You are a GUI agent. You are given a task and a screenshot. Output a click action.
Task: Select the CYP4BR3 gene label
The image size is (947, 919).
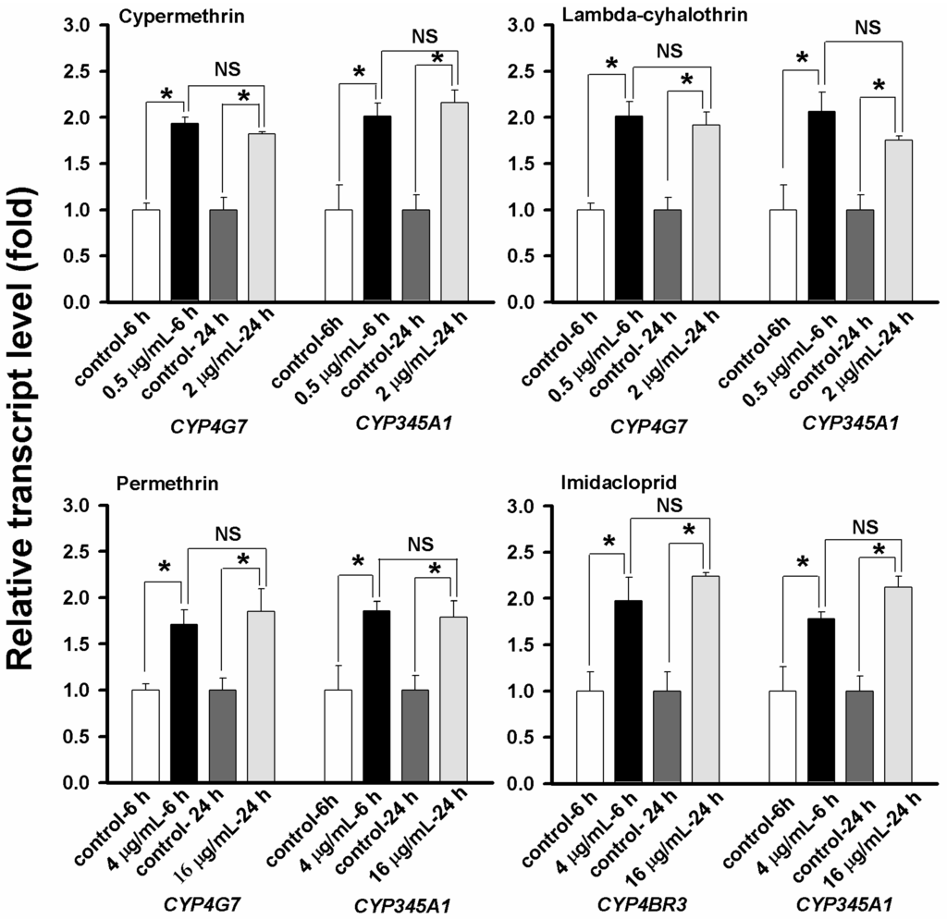point(644,898)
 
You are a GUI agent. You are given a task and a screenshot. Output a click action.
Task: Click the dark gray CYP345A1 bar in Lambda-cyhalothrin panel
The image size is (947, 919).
point(860,256)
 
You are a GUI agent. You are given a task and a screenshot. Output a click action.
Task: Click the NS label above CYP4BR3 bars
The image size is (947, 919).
point(669,505)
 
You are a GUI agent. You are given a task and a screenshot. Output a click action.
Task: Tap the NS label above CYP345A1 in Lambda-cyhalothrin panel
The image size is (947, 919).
point(867,28)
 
